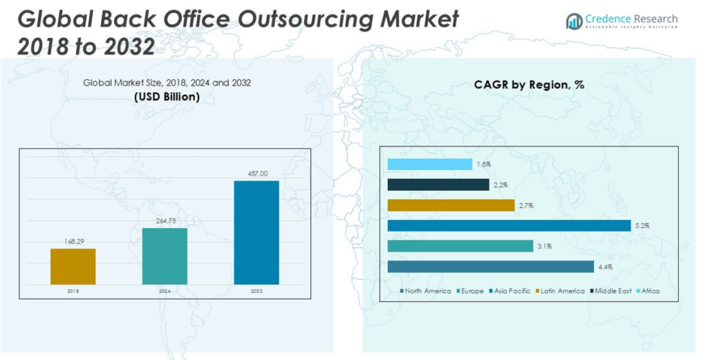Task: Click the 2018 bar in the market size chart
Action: click(73, 267)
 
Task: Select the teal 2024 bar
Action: click(165, 256)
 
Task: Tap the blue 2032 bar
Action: click(257, 233)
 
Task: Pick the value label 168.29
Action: click(73, 242)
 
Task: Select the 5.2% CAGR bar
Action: click(509, 225)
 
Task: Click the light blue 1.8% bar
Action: click(429, 164)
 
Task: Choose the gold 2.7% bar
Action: click(451, 205)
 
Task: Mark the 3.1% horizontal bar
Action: click(460, 246)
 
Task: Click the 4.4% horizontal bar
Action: click(490, 267)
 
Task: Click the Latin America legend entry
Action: click(564, 291)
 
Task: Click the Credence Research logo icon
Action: click(574, 21)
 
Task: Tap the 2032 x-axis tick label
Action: click(257, 292)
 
